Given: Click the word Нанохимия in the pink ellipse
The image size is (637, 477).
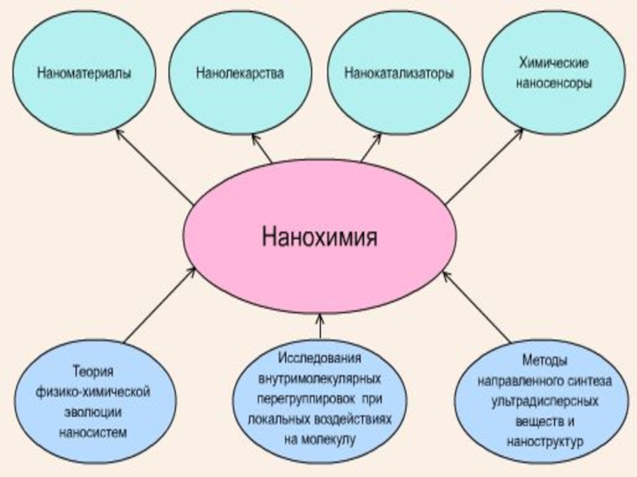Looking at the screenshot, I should [318, 236].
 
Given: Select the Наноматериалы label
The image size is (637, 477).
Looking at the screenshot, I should [84, 73].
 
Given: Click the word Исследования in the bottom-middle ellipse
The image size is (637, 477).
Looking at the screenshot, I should [319, 356].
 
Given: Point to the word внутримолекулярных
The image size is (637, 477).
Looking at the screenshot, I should [319, 376].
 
